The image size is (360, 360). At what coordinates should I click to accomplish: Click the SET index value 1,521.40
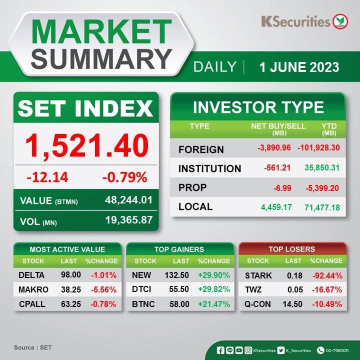[87, 146]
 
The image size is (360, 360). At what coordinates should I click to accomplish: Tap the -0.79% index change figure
[124, 177]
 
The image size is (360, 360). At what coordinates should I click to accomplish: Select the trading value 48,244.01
[128, 200]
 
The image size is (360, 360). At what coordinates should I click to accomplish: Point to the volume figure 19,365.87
[129, 220]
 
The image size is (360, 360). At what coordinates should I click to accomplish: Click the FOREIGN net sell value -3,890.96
[274, 147]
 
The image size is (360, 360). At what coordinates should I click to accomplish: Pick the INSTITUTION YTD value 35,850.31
[322, 167]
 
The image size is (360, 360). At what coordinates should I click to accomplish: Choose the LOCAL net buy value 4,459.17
[276, 207]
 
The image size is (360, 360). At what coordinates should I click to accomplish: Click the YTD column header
[329, 129]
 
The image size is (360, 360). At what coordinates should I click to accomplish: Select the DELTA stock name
[31, 275]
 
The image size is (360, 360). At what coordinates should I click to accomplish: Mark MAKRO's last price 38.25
[71, 289]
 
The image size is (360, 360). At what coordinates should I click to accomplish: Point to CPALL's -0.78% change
[103, 304]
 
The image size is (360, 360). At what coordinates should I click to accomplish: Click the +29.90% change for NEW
[214, 275]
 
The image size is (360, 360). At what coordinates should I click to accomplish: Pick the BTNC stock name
[143, 304]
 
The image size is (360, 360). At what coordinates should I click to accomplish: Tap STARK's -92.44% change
[327, 275]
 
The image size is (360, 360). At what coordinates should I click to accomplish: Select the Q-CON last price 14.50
[292, 304]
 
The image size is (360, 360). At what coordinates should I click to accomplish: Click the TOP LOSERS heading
[292, 249]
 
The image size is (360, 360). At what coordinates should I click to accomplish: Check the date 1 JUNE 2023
[299, 67]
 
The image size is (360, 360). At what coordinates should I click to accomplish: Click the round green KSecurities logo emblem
[340, 21]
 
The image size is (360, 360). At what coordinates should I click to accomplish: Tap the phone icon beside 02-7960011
[320, 350]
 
